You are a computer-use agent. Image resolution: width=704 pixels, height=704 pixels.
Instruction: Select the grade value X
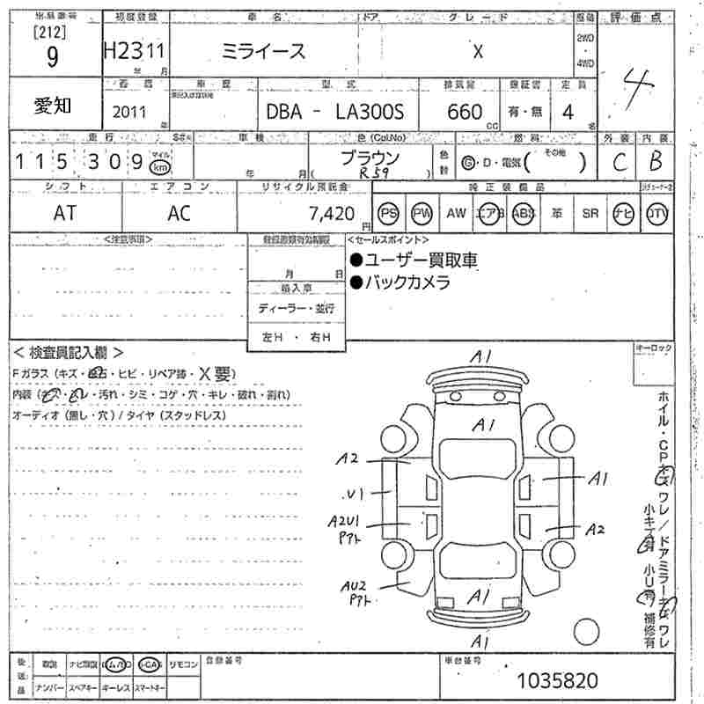coord(478,52)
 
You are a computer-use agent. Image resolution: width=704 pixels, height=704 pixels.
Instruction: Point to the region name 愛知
coord(54,106)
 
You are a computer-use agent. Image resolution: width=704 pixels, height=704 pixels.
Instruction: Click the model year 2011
coord(130,112)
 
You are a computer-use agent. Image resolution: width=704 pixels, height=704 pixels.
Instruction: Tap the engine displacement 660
coord(465,112)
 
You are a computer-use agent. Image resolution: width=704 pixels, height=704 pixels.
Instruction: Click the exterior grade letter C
coord(620,161)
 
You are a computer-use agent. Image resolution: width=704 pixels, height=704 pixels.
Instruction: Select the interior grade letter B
coord(655,161)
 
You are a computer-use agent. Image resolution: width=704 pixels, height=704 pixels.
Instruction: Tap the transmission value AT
coord(65,212)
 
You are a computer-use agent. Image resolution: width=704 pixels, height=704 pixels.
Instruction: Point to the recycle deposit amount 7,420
coord(332,213)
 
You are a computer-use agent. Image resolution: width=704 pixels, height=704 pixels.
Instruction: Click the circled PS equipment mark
coord(388,213)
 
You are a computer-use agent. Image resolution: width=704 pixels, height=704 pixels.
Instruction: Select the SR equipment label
coord(590,213)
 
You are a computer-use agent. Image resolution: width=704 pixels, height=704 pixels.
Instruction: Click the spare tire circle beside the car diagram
coord(586,632)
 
